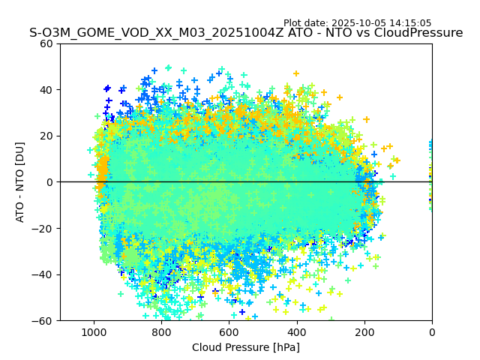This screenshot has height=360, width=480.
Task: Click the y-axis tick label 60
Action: (x=46, y=43)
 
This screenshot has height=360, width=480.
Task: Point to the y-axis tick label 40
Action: (x=46, y=90)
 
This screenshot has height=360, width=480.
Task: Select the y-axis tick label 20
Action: (x=46, y=136)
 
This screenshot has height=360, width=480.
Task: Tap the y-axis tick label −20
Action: (x=43, y=228)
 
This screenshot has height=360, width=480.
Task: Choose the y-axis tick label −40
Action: (x=43, y=274)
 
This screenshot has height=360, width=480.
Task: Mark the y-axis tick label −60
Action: (x=43, y=320)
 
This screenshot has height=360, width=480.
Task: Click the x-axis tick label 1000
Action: (x=94, y=332)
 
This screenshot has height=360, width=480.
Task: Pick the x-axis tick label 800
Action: (x=161, y=332)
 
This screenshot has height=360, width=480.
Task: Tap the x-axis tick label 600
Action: (x=229, y=332)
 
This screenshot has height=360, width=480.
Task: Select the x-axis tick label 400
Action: (x=296, y=332)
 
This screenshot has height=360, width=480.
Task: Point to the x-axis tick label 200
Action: (x=364, y=332)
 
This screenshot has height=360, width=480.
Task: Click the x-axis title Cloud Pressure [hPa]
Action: (x=246, y=347)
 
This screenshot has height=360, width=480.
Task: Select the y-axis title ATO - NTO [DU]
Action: (x=21, y=182)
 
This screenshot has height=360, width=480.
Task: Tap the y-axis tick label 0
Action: (x=50, y=182)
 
